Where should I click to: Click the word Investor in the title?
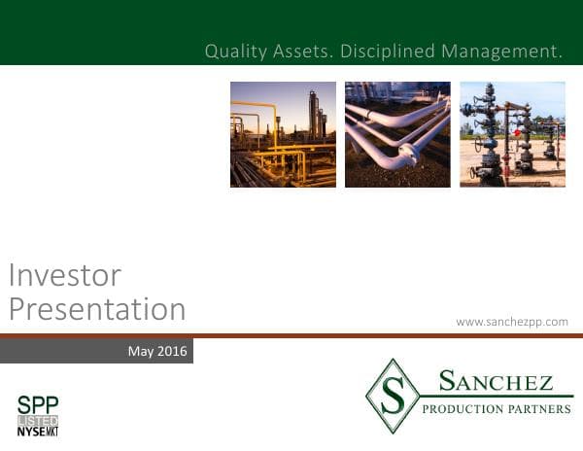click(x=64, y=275)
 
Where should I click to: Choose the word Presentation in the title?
click(x=96, y=309)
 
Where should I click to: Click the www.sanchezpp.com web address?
click(x=511, y=321)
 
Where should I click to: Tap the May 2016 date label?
click(x=157, y=350)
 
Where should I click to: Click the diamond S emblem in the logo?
click(x=393, y=396)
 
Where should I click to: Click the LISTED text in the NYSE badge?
click(x=38, y=419)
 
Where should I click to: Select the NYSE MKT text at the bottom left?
click(x=38, y=431)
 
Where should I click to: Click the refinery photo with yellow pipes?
click(x=283, y=134)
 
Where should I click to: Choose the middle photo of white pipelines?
click(x=397, y=134)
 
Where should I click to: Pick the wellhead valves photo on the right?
click(x=512, y=134)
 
